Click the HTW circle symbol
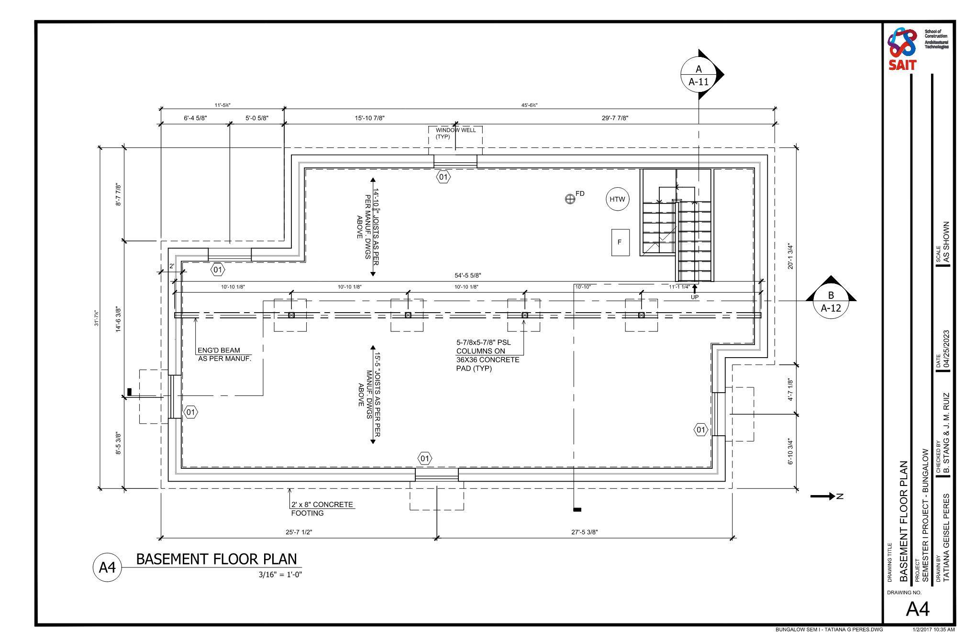[x=617, y=200]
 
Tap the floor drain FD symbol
[x=570, y=199]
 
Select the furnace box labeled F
[x=620, y=242]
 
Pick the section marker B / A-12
[x=831, y=302]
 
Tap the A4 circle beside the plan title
[x=107, y=567]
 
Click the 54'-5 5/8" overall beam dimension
[x=467, y=275]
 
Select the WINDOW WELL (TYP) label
[x=455, y=133]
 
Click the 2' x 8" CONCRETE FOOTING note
[x=322, y=508]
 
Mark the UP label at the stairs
[x=695, y=297]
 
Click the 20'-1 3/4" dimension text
[x=790, y=257]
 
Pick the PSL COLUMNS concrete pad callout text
[x=487, y=356]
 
